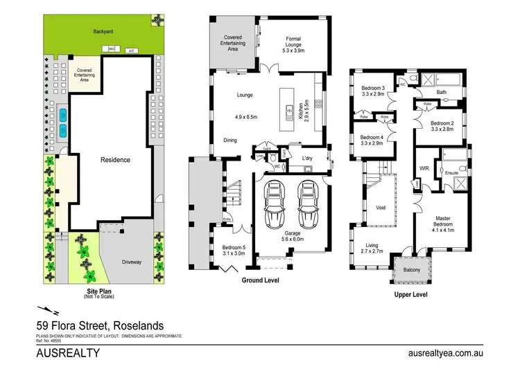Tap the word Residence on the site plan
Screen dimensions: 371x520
coord(115,160)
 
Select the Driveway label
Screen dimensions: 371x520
coord(132,262)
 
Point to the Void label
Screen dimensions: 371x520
coord(380,207)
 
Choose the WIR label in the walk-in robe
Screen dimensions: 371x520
coord(425,168)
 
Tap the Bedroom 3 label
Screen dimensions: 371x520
coord(373,91)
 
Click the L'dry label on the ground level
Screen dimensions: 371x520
coord(309,159)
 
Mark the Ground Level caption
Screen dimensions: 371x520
coord(261,281)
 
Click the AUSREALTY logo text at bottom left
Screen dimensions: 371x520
coord(68,353)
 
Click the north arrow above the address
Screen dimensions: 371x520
coord(43,311)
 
